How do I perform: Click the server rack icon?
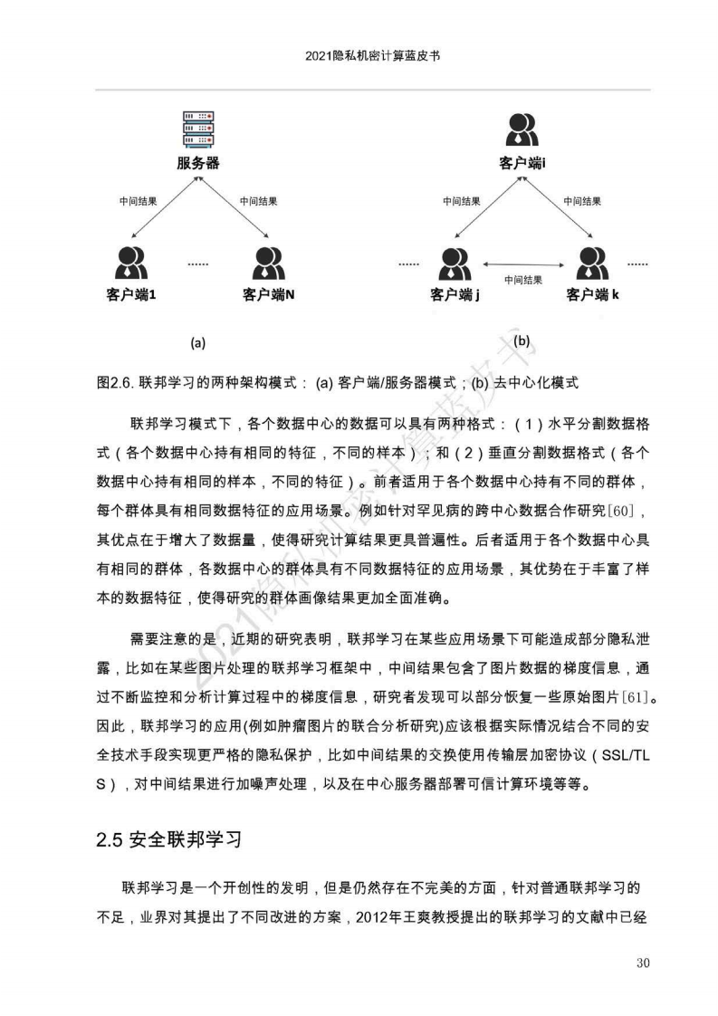[198, 130]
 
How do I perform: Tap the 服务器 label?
[198, 164]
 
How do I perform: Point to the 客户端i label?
[522, 164]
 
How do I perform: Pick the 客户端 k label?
[593, 294]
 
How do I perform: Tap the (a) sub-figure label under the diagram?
[198, 343]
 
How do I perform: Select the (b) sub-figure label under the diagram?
[522, 341]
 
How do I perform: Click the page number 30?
[644, 962]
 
